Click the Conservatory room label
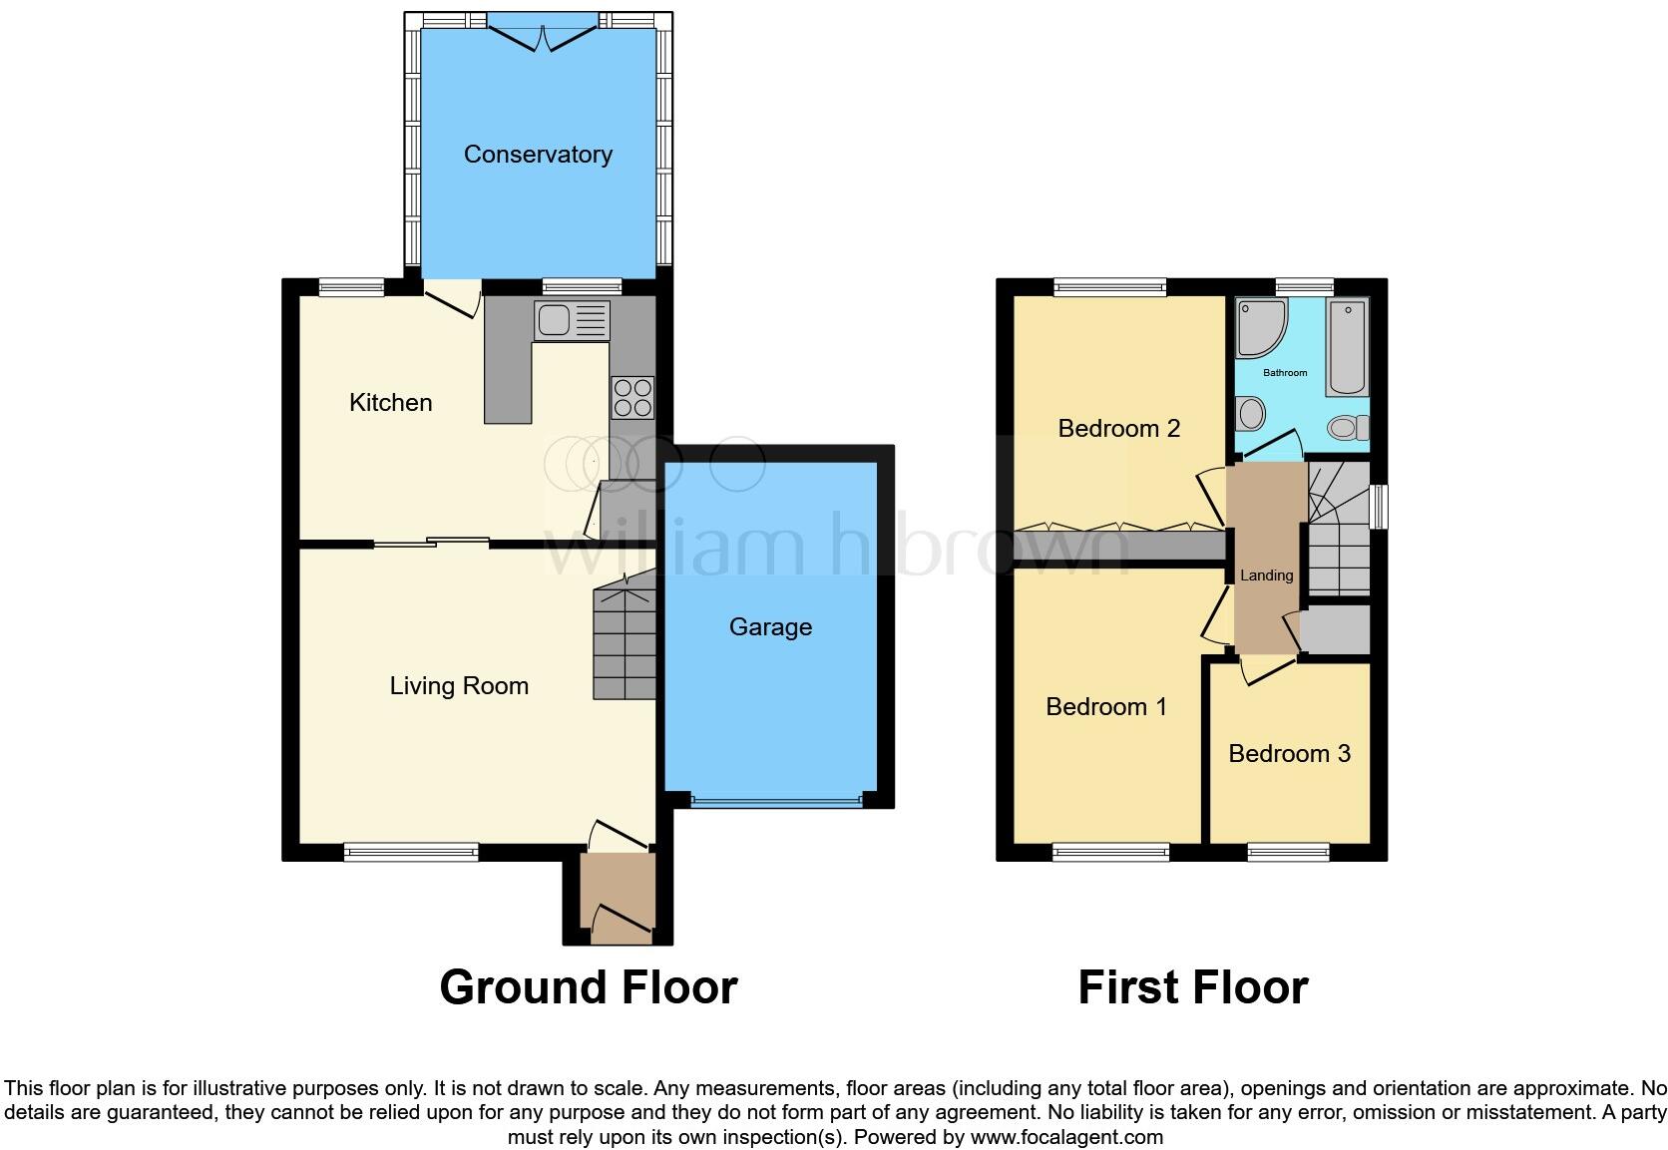pos(538,155)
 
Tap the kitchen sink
pos(572,320)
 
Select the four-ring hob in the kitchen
pos(632,397)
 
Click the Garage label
pos(770,627)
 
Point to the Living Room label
pos(459,686)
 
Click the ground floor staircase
pos(625,643)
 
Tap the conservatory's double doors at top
pos(544,38)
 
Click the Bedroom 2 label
pos(1118,429)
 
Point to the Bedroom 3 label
pos(1289,754)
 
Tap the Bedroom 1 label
pos(1105,707)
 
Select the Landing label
pos(1266,575)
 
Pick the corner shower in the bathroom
pos(1260,326)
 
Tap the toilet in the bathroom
pos(1348,428)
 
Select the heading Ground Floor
pos(588,987)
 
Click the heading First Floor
pos(1192,987)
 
